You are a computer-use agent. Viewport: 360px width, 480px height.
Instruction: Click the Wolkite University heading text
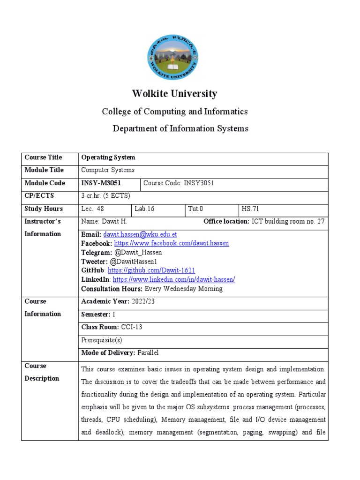(175, 94)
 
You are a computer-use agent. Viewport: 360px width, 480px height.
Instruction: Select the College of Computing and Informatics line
(175, 112)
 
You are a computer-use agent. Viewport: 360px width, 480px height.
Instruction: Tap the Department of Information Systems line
(180, 128)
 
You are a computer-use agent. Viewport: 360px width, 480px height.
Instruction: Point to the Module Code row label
(45, 183)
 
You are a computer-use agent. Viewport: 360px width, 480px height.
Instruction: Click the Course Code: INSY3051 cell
(179, 183)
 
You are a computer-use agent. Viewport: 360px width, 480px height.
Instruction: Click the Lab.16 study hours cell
(144, 209)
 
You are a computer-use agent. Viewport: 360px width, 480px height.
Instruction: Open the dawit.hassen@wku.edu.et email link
(140, 234)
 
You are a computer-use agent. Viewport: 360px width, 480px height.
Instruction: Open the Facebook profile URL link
(172, 244)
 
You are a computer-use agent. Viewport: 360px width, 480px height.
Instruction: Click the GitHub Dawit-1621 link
(151, 271)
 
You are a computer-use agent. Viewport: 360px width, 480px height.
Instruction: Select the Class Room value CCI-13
(131, 327)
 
